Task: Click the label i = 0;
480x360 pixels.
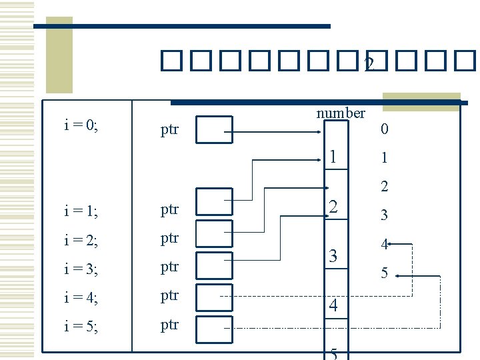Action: click(81, 125)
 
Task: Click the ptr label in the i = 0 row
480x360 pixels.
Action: click(170, 129)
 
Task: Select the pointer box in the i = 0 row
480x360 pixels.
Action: click(215, 129)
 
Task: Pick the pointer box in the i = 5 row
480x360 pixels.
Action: click(215, 327)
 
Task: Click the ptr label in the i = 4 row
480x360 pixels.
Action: click(170, 295)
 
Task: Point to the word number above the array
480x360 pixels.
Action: click(341, 113)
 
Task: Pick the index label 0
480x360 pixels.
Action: click(383, 129)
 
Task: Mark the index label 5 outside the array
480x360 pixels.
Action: click(383, 273)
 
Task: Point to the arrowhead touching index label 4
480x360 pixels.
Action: click(391, 245)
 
